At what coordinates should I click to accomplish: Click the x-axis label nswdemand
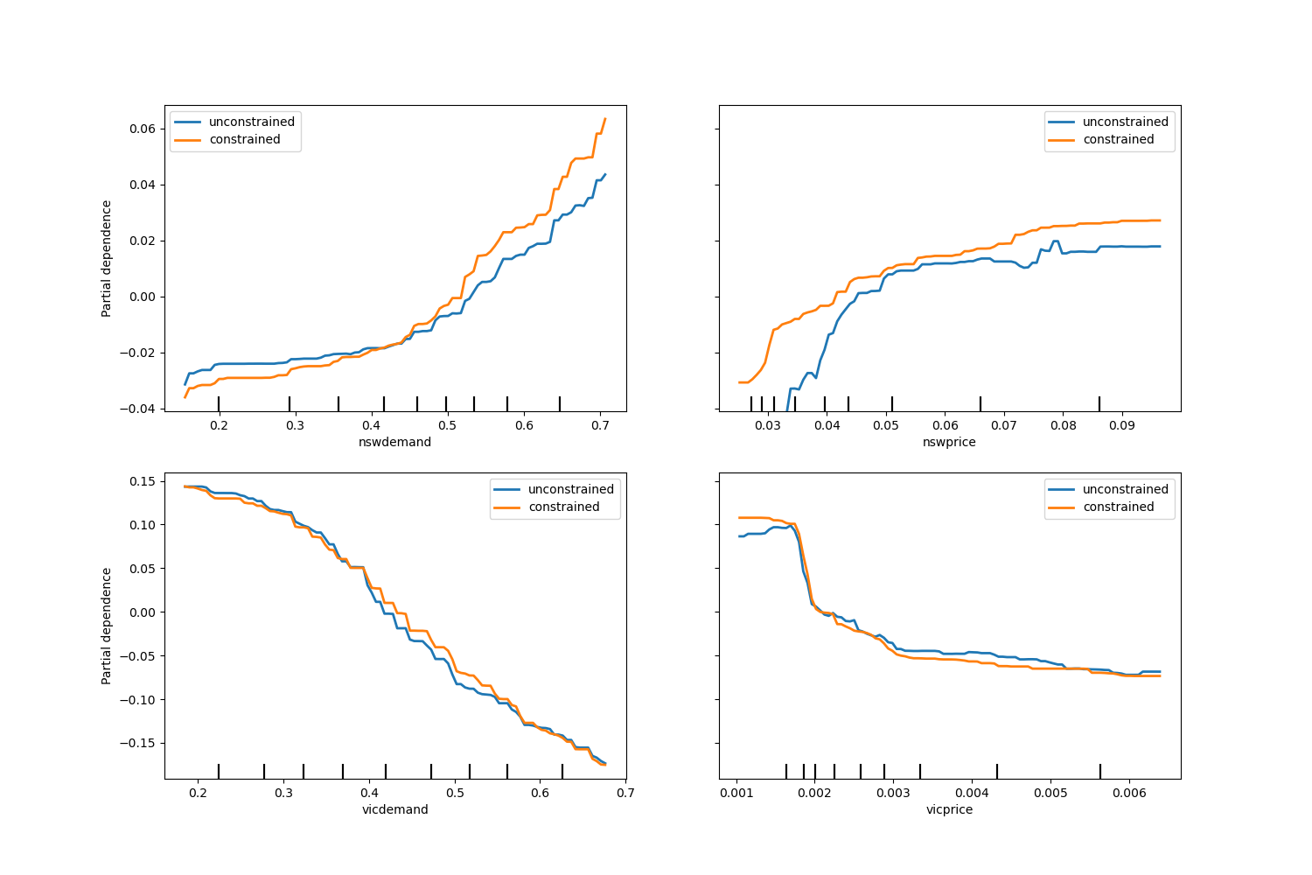click(394, 442)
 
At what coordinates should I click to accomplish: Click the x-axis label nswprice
click(949, 442)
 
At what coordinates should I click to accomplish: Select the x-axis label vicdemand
click(394, 809)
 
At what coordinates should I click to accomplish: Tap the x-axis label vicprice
click(949, 809)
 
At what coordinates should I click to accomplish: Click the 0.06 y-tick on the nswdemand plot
click(143, 129)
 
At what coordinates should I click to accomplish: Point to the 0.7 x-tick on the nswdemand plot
click(600, 425)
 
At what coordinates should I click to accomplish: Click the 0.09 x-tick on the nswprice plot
click(1122, 425)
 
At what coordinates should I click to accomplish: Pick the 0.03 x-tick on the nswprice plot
click(768, 425)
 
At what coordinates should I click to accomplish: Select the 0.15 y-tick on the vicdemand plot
click(143, 481)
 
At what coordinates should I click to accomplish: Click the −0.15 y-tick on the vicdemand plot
click(139, 743)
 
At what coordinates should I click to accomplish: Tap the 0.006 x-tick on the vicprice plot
click(1129, 793)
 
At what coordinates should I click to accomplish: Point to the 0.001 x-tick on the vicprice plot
click(736, 793)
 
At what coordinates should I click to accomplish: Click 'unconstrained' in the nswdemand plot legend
click(251, 122)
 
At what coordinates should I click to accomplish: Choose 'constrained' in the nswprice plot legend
click(1118, 139)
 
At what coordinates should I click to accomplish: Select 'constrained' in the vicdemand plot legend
click(564, 507)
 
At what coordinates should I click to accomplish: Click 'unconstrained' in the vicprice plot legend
click(1125, 489)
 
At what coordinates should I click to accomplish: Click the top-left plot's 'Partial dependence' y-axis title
click(107, 258)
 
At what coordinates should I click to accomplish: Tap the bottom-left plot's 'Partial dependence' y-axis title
click(107, 626)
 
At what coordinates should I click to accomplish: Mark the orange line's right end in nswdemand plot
click(604, 119)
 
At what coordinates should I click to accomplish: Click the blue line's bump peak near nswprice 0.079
click(1056, 241)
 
